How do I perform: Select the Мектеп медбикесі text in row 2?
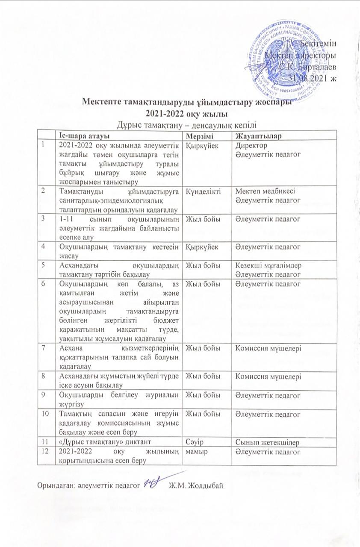point(263,191)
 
